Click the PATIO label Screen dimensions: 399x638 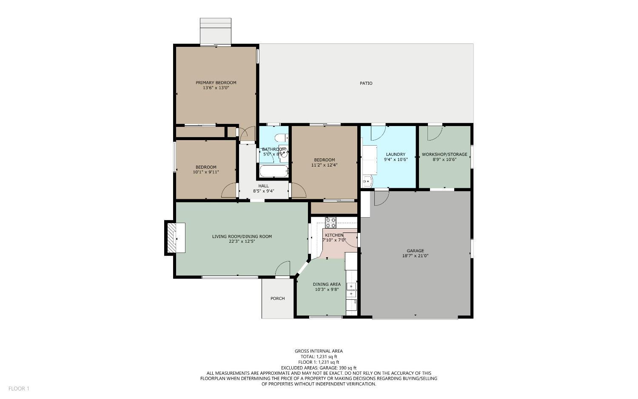point(366,83)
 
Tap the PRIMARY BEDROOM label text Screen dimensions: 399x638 point(216,83)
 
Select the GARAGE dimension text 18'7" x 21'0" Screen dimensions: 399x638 point(415,256)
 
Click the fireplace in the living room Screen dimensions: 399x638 point(172,238)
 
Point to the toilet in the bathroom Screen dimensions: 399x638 point(280,138)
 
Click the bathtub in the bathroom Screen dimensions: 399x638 point(274,172)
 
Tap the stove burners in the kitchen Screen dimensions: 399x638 point(330,222)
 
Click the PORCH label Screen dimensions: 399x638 point(277,299)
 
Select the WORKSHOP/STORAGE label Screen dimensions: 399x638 point(444,155)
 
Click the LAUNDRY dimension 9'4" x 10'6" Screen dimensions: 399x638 point(396,160)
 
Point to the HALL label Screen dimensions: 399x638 point(263,186)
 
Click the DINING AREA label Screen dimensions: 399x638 point(327,284)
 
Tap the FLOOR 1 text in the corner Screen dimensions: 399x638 point(19,388)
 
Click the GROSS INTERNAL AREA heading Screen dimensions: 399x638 point(319,351)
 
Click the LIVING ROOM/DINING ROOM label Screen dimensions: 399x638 point(242,237)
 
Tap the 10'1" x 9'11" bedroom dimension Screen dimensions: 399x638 point(206,172)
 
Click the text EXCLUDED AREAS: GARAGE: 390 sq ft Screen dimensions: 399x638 point(319,368)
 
